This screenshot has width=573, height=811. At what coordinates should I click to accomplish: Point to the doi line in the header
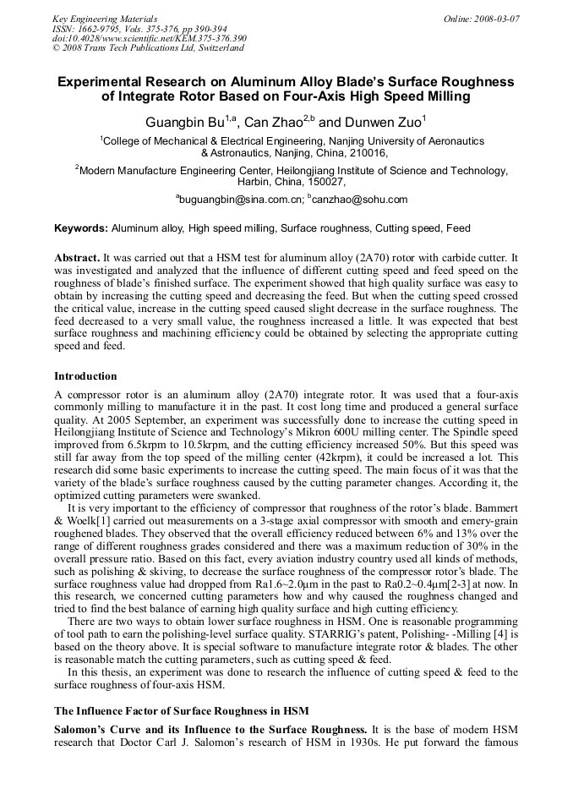coord(150,38)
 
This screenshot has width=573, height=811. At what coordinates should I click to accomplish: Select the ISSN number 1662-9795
coord(95,29)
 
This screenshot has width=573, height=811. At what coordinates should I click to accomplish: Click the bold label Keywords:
coord(81,228)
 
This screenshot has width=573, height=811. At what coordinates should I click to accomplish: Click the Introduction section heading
coord(85,376)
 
